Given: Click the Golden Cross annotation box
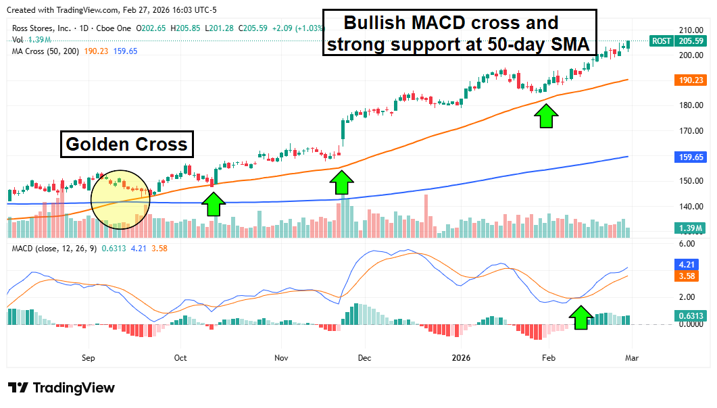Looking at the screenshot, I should (x=126, y=145).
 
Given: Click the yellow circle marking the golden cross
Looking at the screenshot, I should (x=120, y=199).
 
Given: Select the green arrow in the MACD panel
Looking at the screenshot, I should (x=580, y=316).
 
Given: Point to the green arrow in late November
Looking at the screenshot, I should (x=342, y=182).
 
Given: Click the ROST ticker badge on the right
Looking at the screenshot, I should (x=661, y=41).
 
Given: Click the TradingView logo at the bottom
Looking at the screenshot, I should (x=61, y=388).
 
